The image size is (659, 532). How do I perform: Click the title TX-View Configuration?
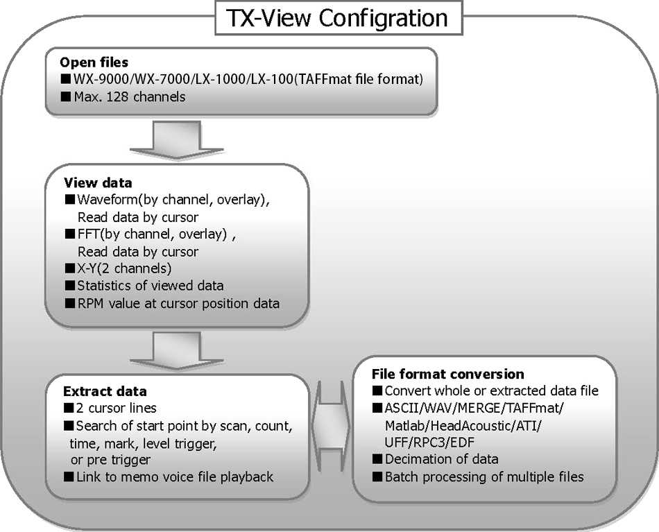coord(339,17)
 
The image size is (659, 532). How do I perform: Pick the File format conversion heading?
coord(447,374)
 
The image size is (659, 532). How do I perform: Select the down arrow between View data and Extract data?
coord(165,351)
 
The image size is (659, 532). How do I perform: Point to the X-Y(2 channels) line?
coord(125,268)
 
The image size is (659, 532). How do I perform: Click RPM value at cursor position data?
coord(178,303)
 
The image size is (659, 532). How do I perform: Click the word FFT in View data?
coord(88,234)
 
